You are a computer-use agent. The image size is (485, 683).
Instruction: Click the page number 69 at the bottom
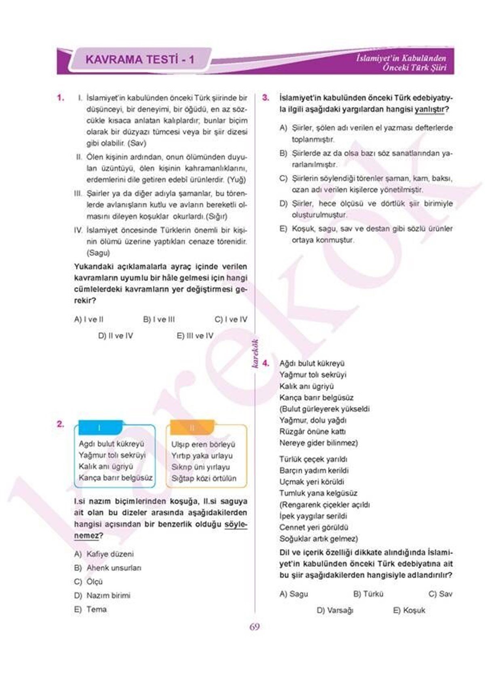[254, 627]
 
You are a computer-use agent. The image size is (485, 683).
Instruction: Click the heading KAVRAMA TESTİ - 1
[140, 60]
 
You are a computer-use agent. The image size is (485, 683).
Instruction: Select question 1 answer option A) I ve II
[89, 319]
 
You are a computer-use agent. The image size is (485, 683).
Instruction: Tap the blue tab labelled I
[100, 428]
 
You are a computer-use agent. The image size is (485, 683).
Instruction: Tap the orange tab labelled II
[192, 428]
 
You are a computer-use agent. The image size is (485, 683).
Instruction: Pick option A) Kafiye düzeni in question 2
[104, 554]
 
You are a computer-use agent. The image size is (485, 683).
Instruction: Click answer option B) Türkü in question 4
[368, 594]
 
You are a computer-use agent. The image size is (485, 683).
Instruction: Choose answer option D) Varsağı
[335, 611]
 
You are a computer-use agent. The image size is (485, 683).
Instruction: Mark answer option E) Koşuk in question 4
[409, 611]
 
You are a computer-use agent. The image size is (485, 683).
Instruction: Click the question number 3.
[266, 98]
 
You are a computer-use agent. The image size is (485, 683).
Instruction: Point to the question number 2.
[60, 424]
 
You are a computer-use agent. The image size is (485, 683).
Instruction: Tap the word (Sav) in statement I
[137, 143]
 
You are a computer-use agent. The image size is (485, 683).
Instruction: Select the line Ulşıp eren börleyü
[203, 444]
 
